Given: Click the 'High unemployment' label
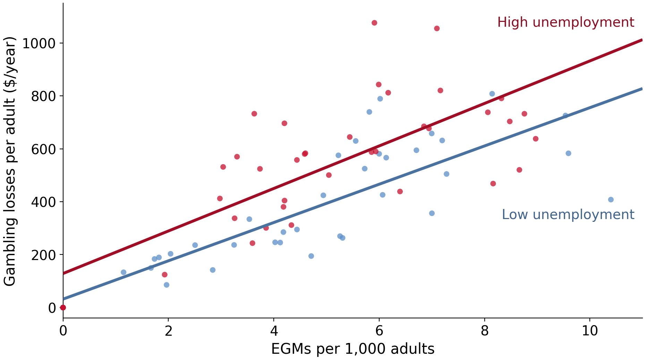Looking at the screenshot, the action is (x=566, y=23).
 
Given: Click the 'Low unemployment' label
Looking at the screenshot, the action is (x=568, y=215).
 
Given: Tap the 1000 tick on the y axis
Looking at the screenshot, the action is (x=39, y=43).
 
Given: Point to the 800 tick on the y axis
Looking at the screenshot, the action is (x=43, y=96).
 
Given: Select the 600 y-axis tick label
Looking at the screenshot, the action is (x=43, y=149).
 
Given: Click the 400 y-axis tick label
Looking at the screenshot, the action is (x=43, y=202).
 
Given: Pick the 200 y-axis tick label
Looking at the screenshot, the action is (x=43, y=254).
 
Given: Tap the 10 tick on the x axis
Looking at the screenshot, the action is (x=590, y=331).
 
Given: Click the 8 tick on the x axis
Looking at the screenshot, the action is (x=484, y=331).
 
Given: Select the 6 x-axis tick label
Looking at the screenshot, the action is (x=379, y=331).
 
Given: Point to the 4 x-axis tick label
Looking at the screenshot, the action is (x=274, y=331).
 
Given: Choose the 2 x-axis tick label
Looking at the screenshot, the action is (x=168, y=331).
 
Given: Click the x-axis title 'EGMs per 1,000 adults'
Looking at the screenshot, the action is (x=352, y=349).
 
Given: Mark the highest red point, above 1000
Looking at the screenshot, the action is (x=374, y=23).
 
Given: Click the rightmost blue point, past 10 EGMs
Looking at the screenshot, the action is (x=611, y=200).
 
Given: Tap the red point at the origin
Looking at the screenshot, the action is (x=63, y=307).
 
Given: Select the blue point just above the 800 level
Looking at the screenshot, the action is (x=492, y=94).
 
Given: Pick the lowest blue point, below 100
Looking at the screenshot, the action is (x=167, y=285).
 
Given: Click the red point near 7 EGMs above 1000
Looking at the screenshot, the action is (x=437, y=28).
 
